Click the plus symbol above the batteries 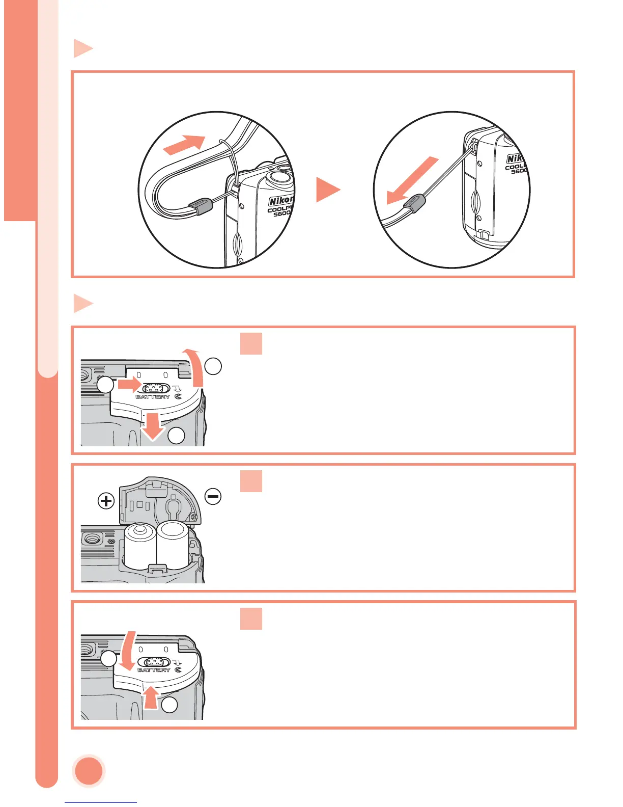point(106,501)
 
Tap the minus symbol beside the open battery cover point(213,496)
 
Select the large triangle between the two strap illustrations point(327,190)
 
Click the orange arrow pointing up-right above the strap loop point(183,144)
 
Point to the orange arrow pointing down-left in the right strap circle point(412,180)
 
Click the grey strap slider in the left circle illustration point(200,205)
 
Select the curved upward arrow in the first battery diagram point(195,367)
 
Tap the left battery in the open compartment point(140,548)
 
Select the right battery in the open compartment point(172,545)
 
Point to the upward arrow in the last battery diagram point(151,697)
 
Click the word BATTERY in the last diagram point(154,670)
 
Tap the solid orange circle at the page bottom point(89,771)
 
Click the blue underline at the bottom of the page point(101,803)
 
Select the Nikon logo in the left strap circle point(281,200)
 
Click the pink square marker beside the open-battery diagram point(251,481)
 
